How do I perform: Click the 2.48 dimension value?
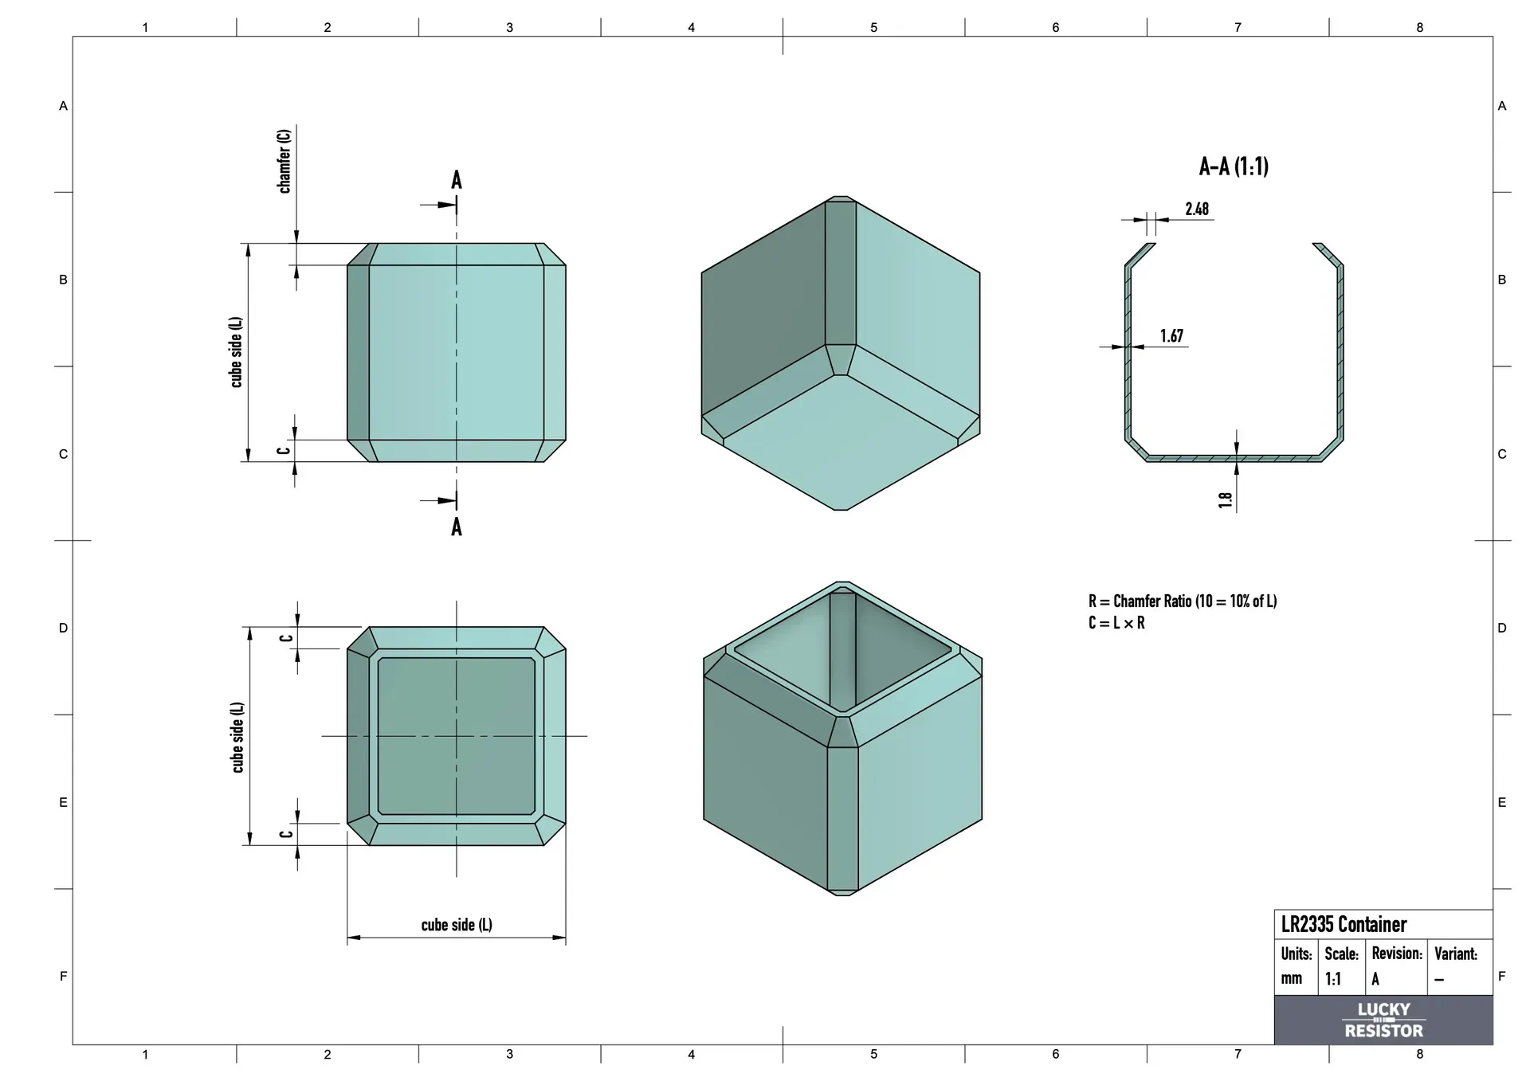click(x=1197, y=209)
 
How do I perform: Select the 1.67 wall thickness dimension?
click(x=1171, y=336)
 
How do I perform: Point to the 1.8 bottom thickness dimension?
click(x=1226, y=499)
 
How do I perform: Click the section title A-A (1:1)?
click(x=1234, y=166)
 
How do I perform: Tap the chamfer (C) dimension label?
click(x=284, y=161)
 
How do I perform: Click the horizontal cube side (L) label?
click(x=457, y=925)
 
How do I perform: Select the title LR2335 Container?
click(x=1344, y=924)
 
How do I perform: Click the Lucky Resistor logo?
click(x=1383, y=1020)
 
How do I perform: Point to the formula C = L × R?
click(x=1116, y=623)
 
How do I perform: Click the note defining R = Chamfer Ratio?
click(x=1183, y=601)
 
